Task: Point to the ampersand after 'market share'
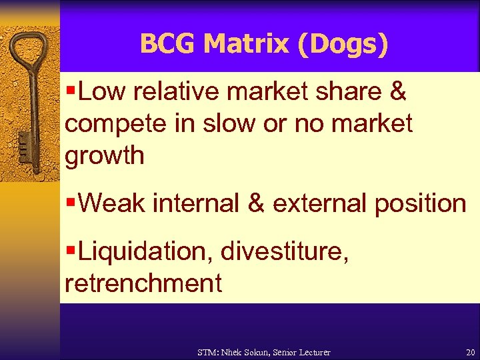point(398,93)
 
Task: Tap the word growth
point(105,156)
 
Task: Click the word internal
point(196,203)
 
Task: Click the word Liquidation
point(145,251)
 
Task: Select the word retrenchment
point(143,283)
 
